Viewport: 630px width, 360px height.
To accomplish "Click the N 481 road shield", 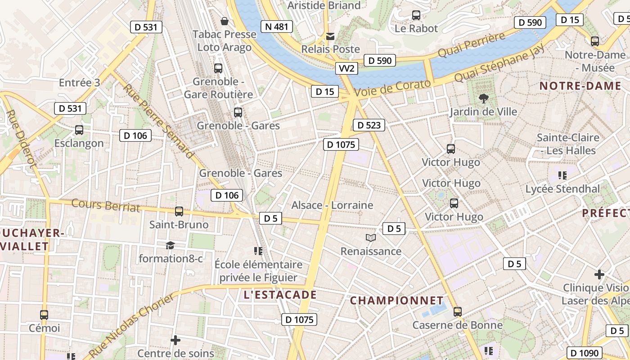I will [276, 27].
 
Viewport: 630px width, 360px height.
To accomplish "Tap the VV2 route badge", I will [346, 68].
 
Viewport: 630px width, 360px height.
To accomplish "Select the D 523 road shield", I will [369, 125].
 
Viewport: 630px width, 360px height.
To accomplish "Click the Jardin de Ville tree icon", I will [484, 98].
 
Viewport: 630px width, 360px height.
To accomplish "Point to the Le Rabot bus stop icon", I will [416, 15].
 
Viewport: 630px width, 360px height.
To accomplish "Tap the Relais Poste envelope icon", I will [330, 36].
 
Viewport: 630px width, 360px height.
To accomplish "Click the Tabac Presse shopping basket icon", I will [224, 21].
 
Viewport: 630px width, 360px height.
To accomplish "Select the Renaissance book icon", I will [370, 238].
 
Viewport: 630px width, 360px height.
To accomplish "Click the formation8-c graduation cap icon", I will [170, 245].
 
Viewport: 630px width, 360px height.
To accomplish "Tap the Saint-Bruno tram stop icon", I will [179, 211].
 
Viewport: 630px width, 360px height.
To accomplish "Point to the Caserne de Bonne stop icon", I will [458, 311].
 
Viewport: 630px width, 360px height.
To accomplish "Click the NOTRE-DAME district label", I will [580, 86].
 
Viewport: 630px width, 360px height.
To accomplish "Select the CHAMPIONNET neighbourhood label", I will [396, 300].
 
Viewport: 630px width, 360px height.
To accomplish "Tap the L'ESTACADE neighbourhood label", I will [280, 295].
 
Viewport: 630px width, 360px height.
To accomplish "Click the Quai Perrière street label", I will [472, 45].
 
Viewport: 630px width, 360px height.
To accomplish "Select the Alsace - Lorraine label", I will [332, 205].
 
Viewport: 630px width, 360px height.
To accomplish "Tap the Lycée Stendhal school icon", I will [562, 175].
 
